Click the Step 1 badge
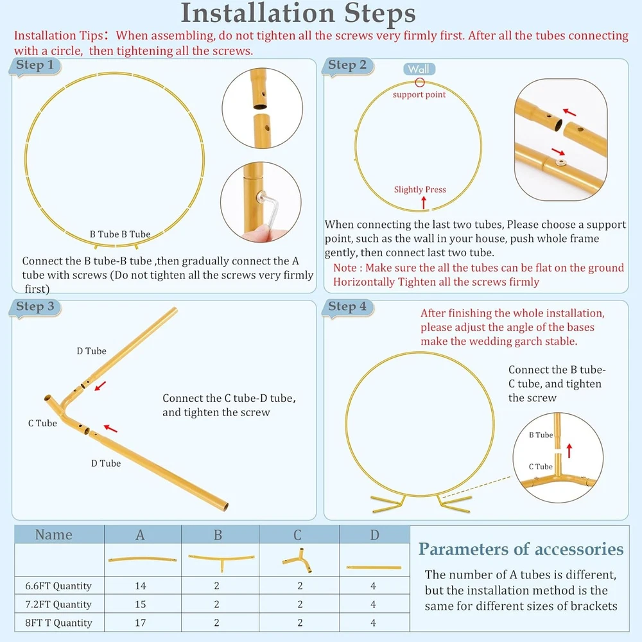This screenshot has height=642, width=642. click(35, 65)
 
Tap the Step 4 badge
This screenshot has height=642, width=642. click(347, 307)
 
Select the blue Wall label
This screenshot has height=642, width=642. click(419, 69)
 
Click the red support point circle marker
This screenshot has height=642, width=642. click(420, 82)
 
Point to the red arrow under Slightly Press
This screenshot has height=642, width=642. click(424, 202)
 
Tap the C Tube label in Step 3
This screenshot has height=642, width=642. click(42, 423)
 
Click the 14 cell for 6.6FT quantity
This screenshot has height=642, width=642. click(141, 586)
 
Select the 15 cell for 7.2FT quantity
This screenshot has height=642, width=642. click(141, 604)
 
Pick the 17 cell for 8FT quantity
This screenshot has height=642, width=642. click(141, 622)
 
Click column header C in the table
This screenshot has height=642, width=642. click(298, 535)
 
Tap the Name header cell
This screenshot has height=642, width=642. click(54, 535)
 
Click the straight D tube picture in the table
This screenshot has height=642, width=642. click(374, 567)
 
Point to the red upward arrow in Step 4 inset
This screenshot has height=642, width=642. click(569, 451)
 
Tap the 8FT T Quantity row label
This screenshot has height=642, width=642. click(58, 622)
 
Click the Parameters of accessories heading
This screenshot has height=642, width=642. click(521, 549)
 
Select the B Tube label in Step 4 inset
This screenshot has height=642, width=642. click(541, 435)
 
